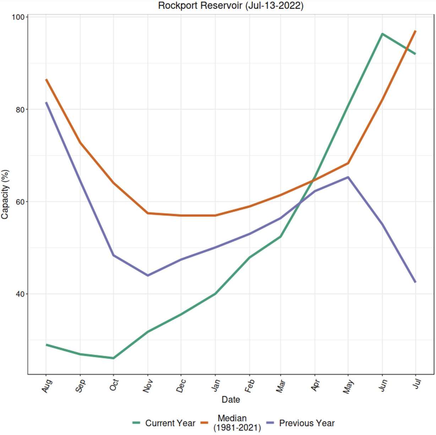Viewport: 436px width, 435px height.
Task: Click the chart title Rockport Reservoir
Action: tap(230, 6)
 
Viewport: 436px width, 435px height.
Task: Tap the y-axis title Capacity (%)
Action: tap(5, 194)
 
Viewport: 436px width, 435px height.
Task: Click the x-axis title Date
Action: tap(231, 399)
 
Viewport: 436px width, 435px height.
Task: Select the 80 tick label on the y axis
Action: tap(20, 109)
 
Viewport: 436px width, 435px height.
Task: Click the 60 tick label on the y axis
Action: tap(20, 202)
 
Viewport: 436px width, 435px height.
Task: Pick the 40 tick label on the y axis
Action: tap(20, 294)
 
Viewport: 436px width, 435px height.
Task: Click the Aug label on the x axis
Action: tap(47, 386)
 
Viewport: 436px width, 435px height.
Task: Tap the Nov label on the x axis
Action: tap(148, 386)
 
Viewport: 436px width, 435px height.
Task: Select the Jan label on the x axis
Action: tap(215, 386)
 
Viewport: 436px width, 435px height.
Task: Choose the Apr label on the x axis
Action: tap(315, 386)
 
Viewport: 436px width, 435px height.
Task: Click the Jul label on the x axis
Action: tap(417, 384)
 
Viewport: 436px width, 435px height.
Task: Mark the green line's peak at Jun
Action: tap(382, 34)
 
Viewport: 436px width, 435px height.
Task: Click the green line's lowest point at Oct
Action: tap(114, 358)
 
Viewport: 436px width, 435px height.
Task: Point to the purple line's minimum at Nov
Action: tap(148, 275)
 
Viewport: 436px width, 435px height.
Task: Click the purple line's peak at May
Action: tap(348, 177)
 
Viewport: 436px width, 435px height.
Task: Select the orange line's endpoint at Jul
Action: tap(415, 31)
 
